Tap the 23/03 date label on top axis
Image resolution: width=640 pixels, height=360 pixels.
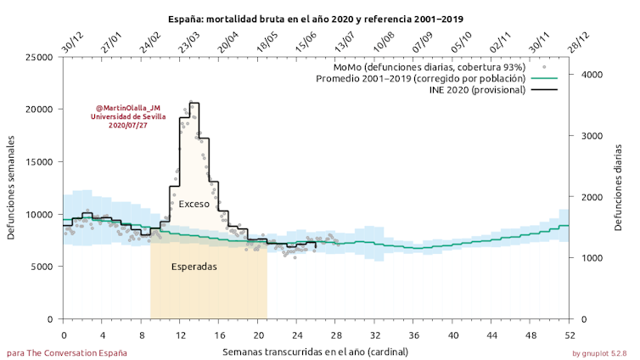188,44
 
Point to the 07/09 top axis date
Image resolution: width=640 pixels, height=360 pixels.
422,44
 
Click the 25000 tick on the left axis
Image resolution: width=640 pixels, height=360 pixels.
39,57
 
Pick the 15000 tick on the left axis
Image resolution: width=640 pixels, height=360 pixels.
39,162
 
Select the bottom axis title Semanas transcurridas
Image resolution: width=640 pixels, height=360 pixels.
316,350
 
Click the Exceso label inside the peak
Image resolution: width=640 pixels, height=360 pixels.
194,204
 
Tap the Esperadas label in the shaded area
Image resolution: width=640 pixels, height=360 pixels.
194,266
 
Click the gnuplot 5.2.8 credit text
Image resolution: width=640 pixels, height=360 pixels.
598,352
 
